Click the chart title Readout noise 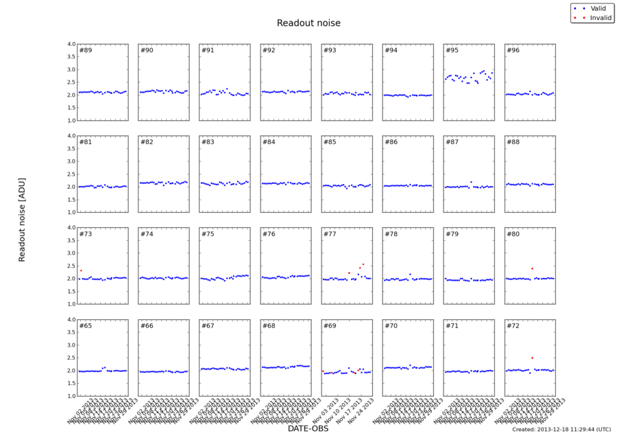(308, 23)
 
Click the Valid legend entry (596, 8)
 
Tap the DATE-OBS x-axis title (308, 429)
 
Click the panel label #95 (452, 50)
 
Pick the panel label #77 (330, 234)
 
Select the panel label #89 (86, 50)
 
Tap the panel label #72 (513, 325)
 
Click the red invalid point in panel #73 (81, 270)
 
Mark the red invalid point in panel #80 (532, 268)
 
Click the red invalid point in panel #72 (532, 358)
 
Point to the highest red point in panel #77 (363, 264)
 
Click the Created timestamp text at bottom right (561, 429)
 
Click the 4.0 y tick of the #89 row (71, 44)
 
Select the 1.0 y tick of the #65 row (71, 396)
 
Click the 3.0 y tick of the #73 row (71, 253)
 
